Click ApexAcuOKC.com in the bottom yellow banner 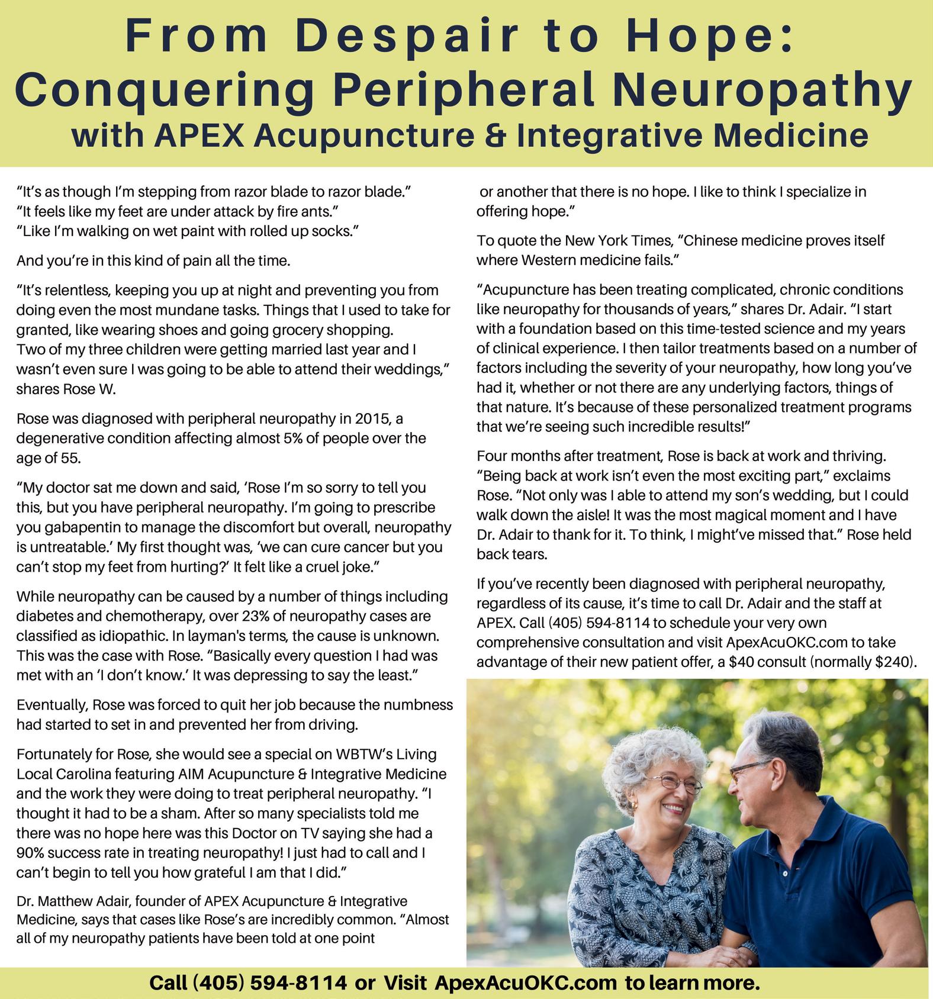click(526, 983)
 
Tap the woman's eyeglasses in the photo click(675, 784)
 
